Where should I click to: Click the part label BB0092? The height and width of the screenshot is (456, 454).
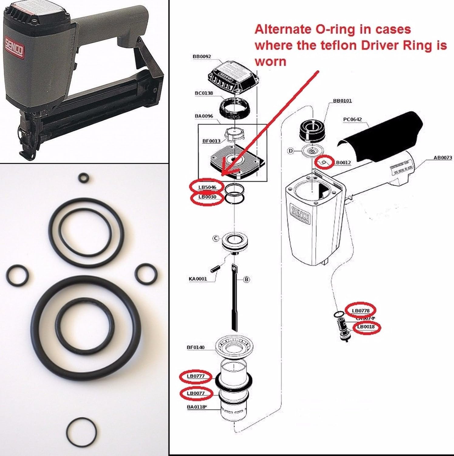pos(202,57)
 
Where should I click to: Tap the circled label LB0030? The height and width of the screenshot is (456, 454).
pos(207,197)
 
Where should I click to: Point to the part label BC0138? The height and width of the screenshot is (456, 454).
pos(204,93)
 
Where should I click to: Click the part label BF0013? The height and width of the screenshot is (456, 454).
pos(211,141)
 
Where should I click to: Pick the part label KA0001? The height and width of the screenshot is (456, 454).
pos(198,279)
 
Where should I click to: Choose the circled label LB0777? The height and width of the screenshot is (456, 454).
pos(196,376)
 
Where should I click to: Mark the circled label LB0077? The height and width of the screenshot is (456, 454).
pos(196,393)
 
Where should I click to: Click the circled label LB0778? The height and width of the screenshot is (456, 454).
pos(361,310)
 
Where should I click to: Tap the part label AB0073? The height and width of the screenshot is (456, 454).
pos(442,157)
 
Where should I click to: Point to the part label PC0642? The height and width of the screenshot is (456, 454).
pos(352,119)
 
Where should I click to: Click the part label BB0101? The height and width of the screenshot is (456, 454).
pos(342,101)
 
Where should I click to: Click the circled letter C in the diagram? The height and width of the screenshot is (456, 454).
pos(215,239)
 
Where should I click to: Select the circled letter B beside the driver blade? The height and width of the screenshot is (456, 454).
pos(246,279)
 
